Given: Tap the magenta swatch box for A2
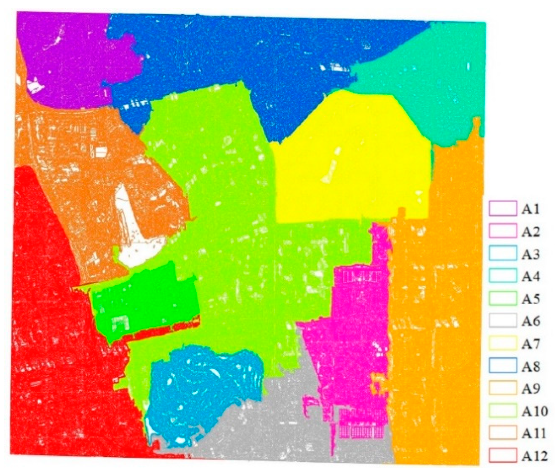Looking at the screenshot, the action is (503, 231).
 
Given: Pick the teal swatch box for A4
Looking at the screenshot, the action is (503, 276).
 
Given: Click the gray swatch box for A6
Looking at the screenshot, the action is (503, 321).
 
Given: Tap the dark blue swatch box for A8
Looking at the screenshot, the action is (503, 366).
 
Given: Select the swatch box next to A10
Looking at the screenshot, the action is (503, 411).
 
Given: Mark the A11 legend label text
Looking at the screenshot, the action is (533, 433).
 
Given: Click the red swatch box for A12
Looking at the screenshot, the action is (503, 455).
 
